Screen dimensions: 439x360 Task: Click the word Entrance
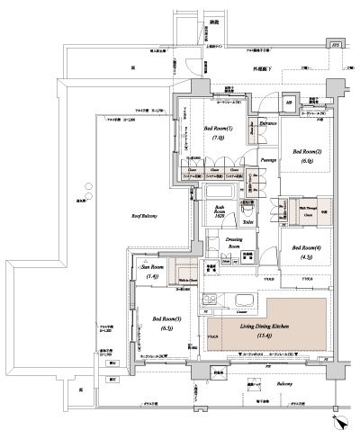pyautogui.click(x=267, y=121)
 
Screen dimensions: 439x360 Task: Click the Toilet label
pyautogui.click(x=248, y=218)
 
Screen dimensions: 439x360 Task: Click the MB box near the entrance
pyautogui.click(x=288, y=104)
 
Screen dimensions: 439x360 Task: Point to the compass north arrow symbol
pyautogui.click(x=337, y=419)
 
